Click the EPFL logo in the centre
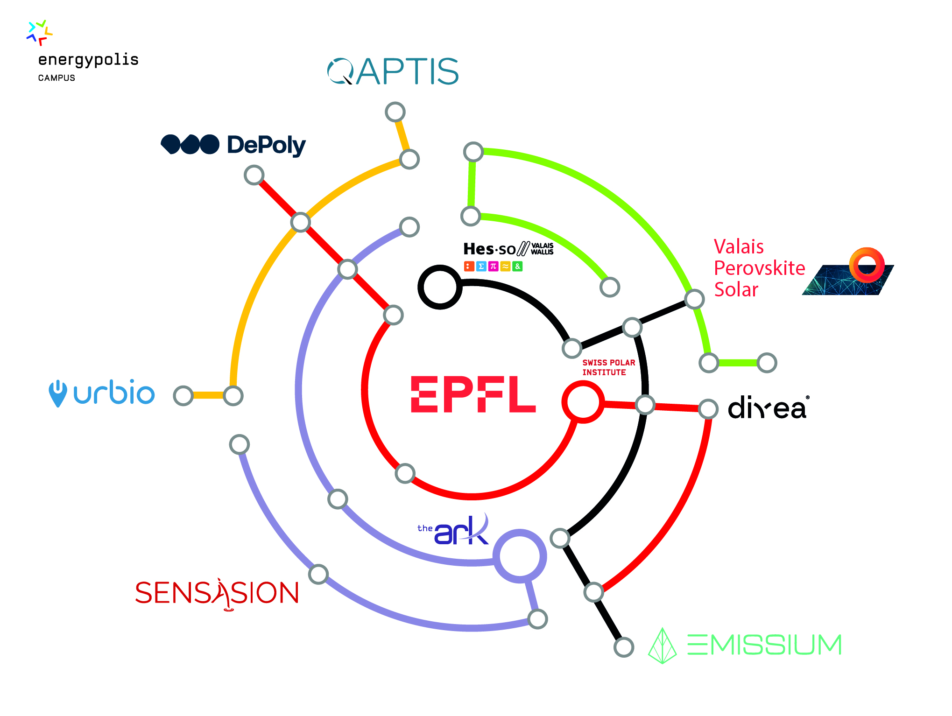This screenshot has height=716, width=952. pos(472,394)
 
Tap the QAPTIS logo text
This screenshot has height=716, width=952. pos(393,71)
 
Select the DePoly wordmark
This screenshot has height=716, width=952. pos(266,145)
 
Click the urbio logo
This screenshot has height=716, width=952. pos(102,393)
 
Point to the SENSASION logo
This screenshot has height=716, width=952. pos(217,593)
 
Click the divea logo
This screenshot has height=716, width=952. pos(768,408)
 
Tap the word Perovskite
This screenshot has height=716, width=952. pos(759,268)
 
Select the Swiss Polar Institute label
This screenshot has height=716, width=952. pos(608,367)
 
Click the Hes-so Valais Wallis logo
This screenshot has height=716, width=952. pos(508,256)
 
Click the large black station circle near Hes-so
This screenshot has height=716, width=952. pos(440,287)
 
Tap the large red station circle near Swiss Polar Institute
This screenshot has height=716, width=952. pos(583,402)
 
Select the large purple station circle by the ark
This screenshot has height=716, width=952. pos(520,556)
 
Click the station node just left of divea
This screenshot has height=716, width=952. pos(708,409)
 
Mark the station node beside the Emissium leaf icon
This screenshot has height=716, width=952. pos(623,647)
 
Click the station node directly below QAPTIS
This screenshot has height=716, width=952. pos(395,112)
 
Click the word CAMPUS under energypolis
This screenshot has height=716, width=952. pos(56,78)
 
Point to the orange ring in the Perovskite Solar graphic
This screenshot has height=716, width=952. pos(867,265)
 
